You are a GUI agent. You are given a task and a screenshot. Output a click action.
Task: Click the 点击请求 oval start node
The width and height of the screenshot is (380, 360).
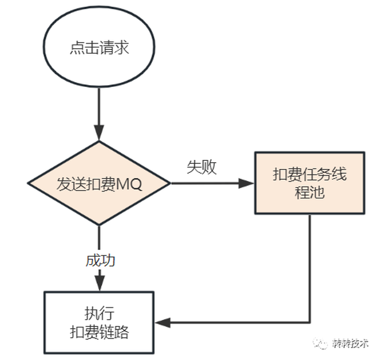[x=99, y=48]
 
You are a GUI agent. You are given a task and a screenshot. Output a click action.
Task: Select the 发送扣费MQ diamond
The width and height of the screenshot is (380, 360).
[x=99, y=183]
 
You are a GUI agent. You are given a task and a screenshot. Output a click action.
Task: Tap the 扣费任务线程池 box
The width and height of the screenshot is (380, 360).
[x=309, y=183]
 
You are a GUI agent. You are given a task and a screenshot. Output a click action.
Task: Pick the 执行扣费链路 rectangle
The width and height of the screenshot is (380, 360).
[x=99, y=321]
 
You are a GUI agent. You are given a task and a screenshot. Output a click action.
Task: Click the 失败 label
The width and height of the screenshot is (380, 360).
[x=201, y=167]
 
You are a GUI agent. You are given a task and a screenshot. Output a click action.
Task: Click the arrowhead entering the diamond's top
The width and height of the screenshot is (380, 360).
[x=99, y=135]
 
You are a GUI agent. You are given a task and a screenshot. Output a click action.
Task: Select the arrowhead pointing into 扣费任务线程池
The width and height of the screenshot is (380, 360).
[x=246, y=183]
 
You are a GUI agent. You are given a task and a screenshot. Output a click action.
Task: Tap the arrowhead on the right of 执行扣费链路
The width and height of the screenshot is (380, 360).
[x=162, y=323]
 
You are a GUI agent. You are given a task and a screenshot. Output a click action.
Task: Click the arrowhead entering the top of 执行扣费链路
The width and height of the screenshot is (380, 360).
[x=99, y=285]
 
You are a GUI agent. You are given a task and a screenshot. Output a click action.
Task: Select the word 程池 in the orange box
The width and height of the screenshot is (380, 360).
[x=309, y=192]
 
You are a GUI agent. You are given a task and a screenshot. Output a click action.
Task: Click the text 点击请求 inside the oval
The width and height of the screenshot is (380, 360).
[x=99, y=48]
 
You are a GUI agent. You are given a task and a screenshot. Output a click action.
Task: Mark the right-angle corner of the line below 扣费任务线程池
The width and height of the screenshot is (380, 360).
[x=310, y=323]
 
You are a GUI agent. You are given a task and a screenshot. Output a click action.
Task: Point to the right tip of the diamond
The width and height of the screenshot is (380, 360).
[x=170, y=183]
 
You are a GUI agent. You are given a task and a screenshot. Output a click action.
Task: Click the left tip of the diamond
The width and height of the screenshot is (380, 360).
[x=28, y=183]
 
